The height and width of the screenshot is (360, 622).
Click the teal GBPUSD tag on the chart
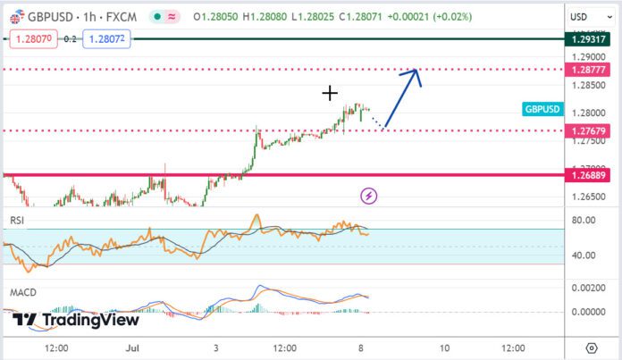click(542, 109)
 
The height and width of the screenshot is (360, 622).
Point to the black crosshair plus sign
click(330, 92)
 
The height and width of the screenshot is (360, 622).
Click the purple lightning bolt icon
click(367, 195)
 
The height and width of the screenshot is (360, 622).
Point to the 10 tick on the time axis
click(443, 347)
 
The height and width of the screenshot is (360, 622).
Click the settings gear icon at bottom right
click(591, 347)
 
